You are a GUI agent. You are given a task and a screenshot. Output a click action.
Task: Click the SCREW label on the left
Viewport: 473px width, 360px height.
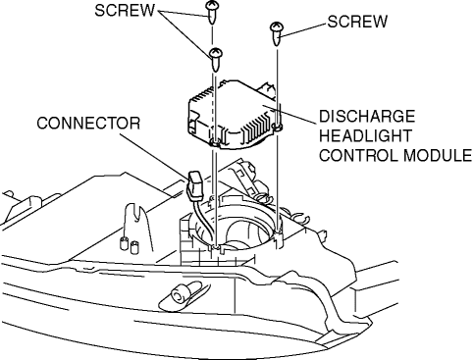point(125,11)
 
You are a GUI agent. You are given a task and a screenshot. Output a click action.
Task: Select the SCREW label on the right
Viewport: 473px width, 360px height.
point(357,22)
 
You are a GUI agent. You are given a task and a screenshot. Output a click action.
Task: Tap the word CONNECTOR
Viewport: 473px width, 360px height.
point(88,124)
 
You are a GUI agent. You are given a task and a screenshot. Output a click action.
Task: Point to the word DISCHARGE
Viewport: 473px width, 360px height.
point(367,116)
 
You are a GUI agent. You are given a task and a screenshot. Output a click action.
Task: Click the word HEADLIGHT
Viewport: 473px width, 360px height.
point(365,135)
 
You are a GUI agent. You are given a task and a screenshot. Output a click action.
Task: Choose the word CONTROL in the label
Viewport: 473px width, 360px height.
point(359,155)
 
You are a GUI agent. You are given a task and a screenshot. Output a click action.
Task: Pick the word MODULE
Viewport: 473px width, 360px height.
point(438,155)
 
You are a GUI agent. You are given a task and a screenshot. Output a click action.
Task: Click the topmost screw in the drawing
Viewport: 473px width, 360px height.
point(212,12)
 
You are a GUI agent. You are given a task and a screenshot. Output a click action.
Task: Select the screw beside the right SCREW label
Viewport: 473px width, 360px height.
point(277,33)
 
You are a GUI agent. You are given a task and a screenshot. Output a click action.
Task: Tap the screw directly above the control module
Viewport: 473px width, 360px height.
point(216,60)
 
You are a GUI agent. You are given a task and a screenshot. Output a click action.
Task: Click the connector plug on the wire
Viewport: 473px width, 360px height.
point(195,185)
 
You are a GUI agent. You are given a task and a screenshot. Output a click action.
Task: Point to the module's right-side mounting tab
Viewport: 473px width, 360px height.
point(278,127)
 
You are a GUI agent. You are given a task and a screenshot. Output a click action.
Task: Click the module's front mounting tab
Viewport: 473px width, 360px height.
point(215,142)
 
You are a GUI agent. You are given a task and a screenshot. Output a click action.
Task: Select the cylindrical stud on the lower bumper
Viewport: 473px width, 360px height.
point(181,293)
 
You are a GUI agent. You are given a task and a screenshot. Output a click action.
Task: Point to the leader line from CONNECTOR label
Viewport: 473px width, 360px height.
point(154,155)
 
